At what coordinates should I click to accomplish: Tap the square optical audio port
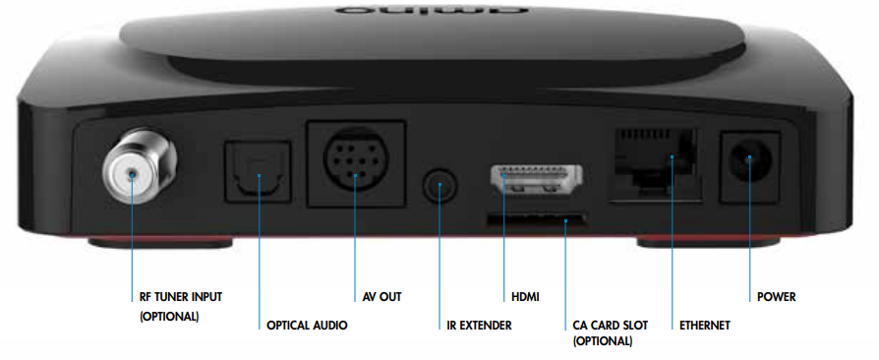pos(258,172)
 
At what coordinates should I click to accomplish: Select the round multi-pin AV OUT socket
pos(356,162)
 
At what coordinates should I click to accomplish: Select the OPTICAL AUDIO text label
pos(307,325)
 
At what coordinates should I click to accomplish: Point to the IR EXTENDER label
pos(472,325)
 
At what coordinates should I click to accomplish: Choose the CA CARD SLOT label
pos(610,325)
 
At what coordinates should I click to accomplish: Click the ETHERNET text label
pos(705,325)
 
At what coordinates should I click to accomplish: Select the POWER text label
pos(776,296)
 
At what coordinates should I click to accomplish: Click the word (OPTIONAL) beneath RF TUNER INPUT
pos(168,316)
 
